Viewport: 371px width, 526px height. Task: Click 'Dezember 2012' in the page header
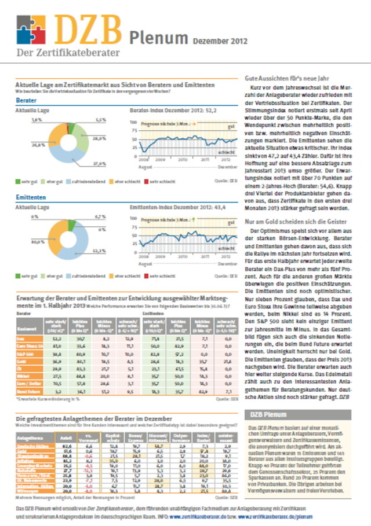coord(220,42)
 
